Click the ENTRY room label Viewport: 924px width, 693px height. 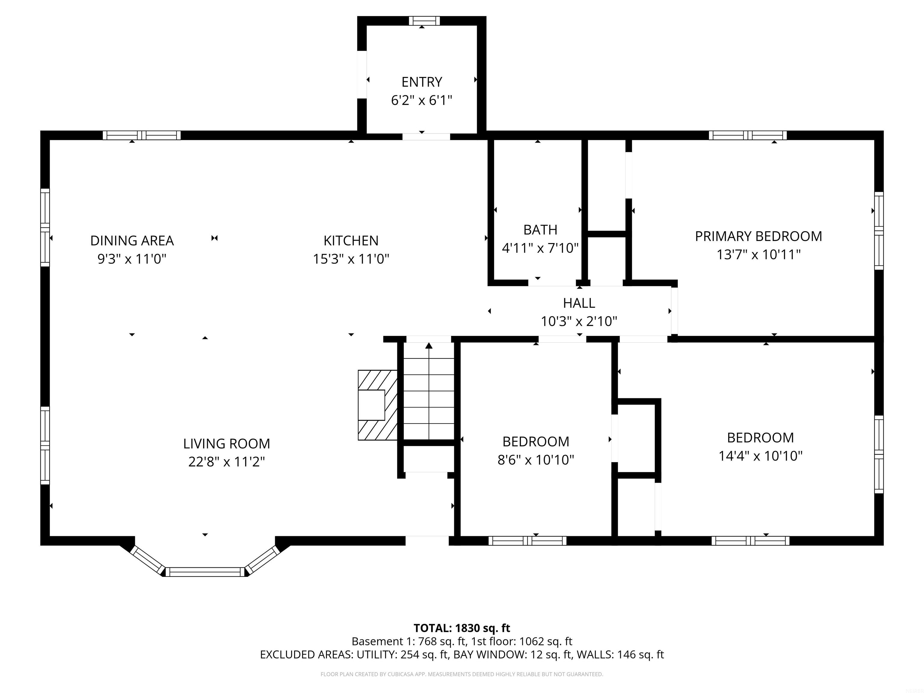421,82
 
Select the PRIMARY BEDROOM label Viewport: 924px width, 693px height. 758,236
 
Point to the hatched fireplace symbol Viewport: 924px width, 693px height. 377,405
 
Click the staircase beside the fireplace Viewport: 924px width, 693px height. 429,391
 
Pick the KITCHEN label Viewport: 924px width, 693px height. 351,241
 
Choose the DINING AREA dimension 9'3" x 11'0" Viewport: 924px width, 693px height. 132,259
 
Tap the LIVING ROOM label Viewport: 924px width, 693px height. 226,443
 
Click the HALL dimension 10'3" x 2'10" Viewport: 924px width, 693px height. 579,321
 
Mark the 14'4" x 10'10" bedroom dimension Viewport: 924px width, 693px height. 760,455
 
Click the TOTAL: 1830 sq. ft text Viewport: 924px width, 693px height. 462,628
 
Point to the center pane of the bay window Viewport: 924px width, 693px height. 205,572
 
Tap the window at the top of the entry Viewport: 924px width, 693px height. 424,21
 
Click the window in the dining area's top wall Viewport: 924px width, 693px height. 142,135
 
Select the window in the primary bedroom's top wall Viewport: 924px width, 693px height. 748,135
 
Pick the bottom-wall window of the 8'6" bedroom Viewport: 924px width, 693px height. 527,541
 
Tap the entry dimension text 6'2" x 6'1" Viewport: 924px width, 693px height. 421,100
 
